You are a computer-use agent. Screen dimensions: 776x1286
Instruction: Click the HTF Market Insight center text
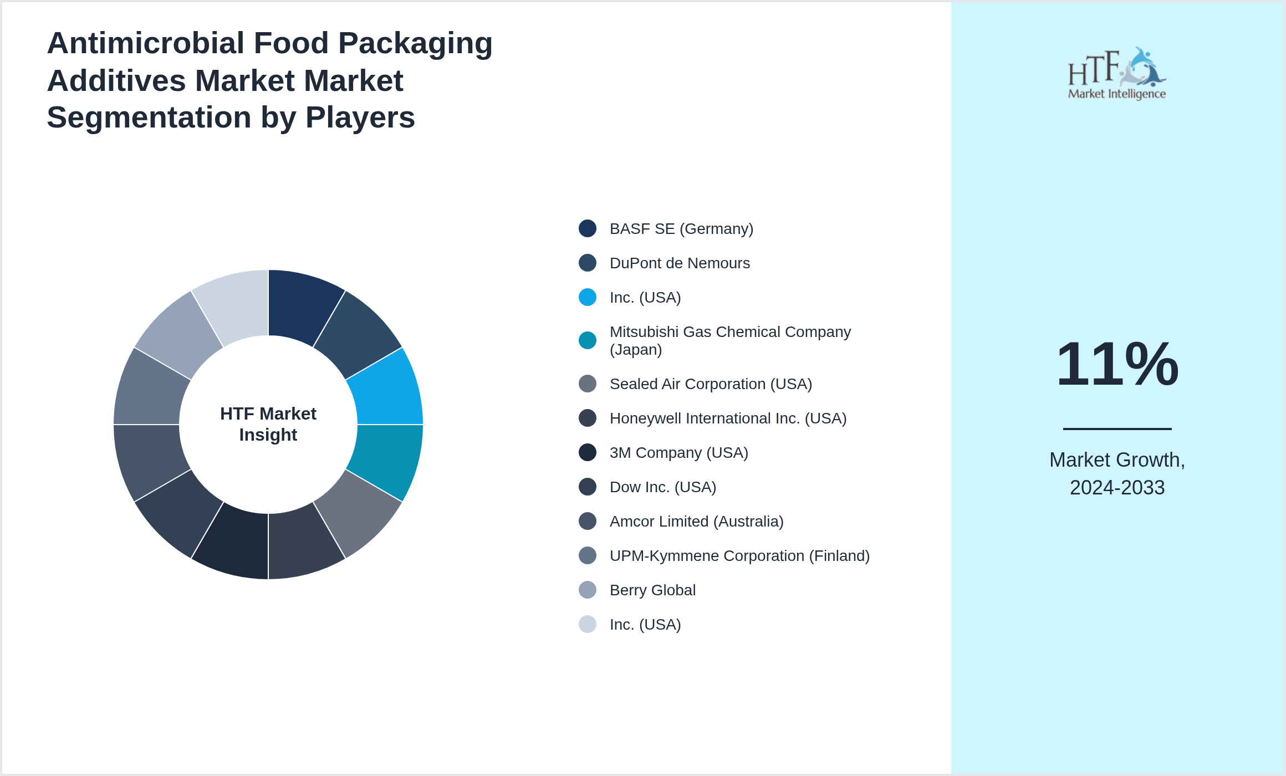pos(268,424)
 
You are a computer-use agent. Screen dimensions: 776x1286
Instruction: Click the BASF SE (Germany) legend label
pos(681,228)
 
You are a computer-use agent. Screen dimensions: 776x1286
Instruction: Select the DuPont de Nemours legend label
pos(680,263)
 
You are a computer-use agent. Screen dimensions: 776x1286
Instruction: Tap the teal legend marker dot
pos(588,340)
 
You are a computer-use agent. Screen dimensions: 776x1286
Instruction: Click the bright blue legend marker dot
pos(588,297)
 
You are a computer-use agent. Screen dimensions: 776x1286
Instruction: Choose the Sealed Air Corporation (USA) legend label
pos(711,384)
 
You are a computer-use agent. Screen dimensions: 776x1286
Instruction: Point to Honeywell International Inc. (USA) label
pos(728,418)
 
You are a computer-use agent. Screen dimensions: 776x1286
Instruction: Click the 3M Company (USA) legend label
pos(679,452)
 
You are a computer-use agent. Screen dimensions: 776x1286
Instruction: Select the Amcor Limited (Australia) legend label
pos(696,521)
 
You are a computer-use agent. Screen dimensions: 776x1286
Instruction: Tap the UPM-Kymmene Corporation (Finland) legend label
pos(739,555)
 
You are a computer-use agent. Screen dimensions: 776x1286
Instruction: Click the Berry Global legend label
pos(652,590)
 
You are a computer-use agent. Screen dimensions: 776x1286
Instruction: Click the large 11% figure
pos(1117,364)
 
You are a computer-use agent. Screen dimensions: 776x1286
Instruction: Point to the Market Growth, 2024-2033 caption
pos(1117,473)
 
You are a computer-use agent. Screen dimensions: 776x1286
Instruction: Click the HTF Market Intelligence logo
pos(1117,74)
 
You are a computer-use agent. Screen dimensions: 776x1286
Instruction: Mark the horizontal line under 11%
pos(1117,428)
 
